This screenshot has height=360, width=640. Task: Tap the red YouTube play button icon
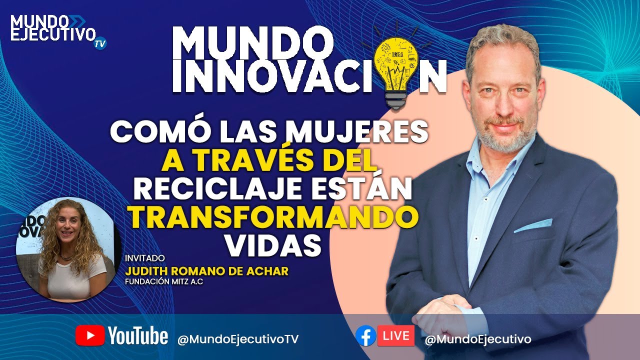click(90, 335)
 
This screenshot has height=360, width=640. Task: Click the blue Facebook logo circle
click(365, 336)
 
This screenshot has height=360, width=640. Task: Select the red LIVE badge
click(396, 335)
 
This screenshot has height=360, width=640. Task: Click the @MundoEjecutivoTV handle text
click(237, 339)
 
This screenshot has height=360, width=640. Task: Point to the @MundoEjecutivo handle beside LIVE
click(478, 339)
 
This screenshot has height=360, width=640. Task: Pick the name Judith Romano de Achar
click(207, 271)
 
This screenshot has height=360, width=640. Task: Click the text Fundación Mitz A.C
click(164, 281)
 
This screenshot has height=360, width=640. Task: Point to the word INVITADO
click(145, 258)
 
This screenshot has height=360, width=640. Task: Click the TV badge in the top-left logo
click(100, 44)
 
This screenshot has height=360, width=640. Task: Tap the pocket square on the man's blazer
click(533, 225)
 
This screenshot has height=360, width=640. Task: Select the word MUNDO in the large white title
click(249, 43)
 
